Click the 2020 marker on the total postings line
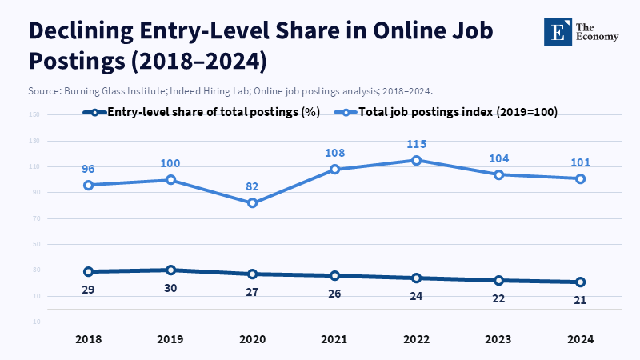point(253,203)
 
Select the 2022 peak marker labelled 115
point(417,160)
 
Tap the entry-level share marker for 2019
point(171,270)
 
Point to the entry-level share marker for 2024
point(581,282)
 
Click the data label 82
point(253,186)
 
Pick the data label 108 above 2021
point(335,153)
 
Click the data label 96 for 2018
point(89,169)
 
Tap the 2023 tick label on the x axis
point(499,339)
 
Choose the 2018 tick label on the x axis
point(89,339)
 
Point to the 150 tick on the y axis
point(34,115)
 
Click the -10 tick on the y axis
point(34,322)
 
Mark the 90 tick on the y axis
point(34,193)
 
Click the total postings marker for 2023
point(499,174)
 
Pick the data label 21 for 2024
point(581,300)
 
